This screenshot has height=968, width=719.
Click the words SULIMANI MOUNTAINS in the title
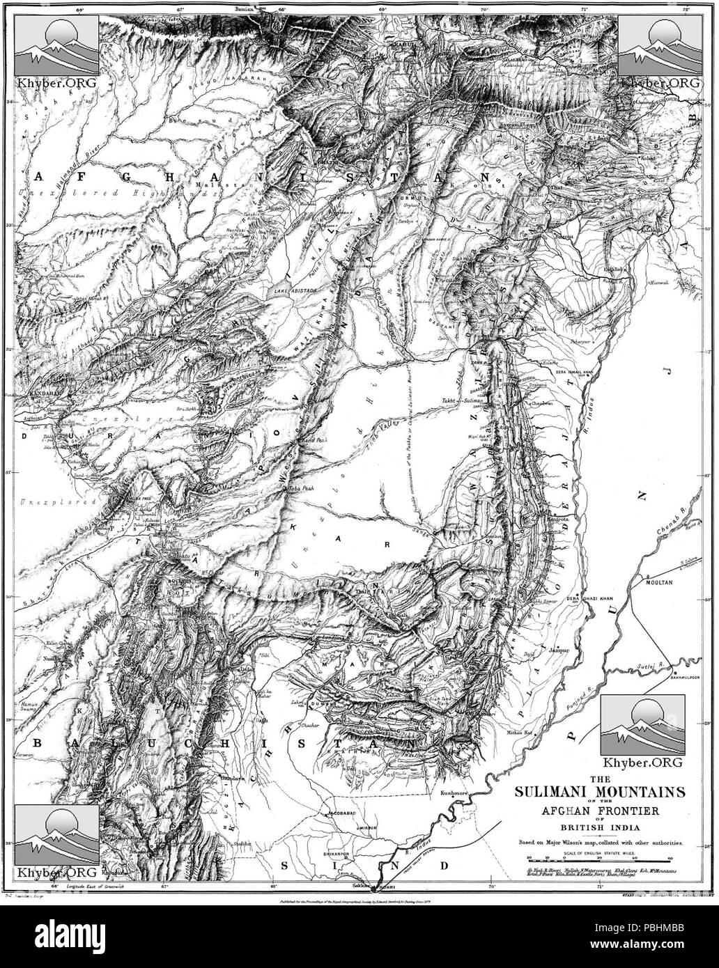click(599, 792)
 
